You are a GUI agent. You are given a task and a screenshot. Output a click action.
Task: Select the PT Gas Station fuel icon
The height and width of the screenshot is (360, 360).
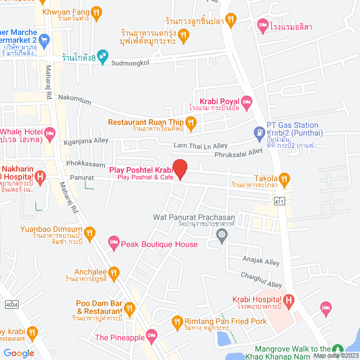click(x=259, y=133)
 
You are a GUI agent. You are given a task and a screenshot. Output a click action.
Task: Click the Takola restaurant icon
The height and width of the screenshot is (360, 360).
click(x=285, y=178)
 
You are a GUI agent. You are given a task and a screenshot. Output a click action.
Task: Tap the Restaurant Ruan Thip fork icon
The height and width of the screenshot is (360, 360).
click(x=191, y=121)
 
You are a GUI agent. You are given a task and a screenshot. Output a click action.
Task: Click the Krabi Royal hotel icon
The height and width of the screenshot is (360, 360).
click(x=247, y=101)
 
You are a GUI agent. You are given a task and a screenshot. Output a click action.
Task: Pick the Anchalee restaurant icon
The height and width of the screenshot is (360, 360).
click(x=114, y=272)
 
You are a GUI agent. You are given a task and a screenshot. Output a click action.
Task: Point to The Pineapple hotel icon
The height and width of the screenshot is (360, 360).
click(x=150, y=337)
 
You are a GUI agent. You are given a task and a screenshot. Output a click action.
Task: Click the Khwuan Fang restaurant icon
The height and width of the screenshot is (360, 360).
click(x=97, y=11)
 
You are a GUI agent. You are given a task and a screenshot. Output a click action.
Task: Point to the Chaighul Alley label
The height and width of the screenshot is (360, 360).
click(x=261, y=279)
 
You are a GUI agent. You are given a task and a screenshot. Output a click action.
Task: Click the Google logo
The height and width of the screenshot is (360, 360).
click(x=19, y=353)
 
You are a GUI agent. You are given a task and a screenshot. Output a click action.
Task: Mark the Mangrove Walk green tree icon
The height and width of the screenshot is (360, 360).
click(x=337, y=350)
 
